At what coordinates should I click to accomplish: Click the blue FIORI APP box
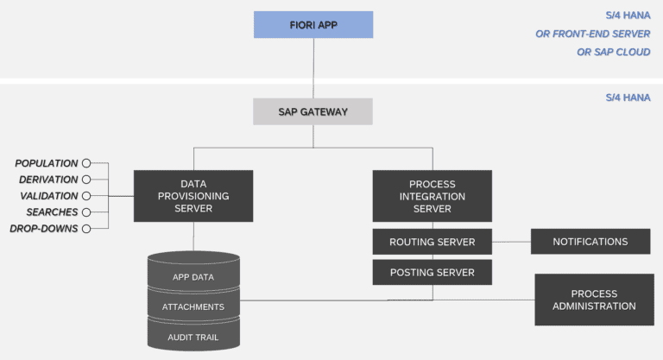point(313,24)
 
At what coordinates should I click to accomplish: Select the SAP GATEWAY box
point(313,111)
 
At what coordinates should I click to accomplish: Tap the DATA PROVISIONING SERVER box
point(193,196)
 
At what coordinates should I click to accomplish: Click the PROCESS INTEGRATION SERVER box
point(432,196)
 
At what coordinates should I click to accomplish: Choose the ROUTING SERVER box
point(432,242)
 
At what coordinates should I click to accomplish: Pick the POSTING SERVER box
point(432,273)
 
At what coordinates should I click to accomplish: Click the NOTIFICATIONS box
point(590,242)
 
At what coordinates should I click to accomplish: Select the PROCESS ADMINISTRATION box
point(594,300)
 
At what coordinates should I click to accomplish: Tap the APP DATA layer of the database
point(193,277)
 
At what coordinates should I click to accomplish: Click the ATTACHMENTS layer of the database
point(193,306)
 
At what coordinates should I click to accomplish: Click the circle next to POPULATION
point(86,163)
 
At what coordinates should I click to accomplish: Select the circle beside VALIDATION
point(86,196)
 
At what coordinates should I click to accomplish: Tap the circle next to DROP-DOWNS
point(86,229)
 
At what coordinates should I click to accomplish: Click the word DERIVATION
point(48,180)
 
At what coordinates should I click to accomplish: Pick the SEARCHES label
point(52,212)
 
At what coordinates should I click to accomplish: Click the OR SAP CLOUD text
point(613,52)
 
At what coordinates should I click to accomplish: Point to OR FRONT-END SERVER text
point(592,34)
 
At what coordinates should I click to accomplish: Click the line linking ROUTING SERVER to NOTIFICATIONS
point(511,242)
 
